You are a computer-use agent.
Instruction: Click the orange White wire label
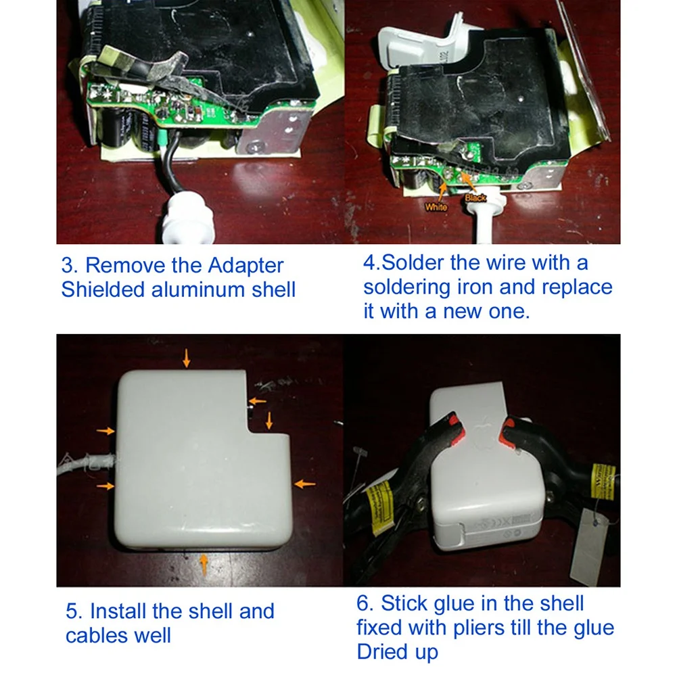pos(436,207)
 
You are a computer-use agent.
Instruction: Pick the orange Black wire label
pos(475,197)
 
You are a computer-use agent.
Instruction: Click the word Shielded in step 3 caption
pos(103,289)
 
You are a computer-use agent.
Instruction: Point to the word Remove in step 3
pos(128,266)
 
